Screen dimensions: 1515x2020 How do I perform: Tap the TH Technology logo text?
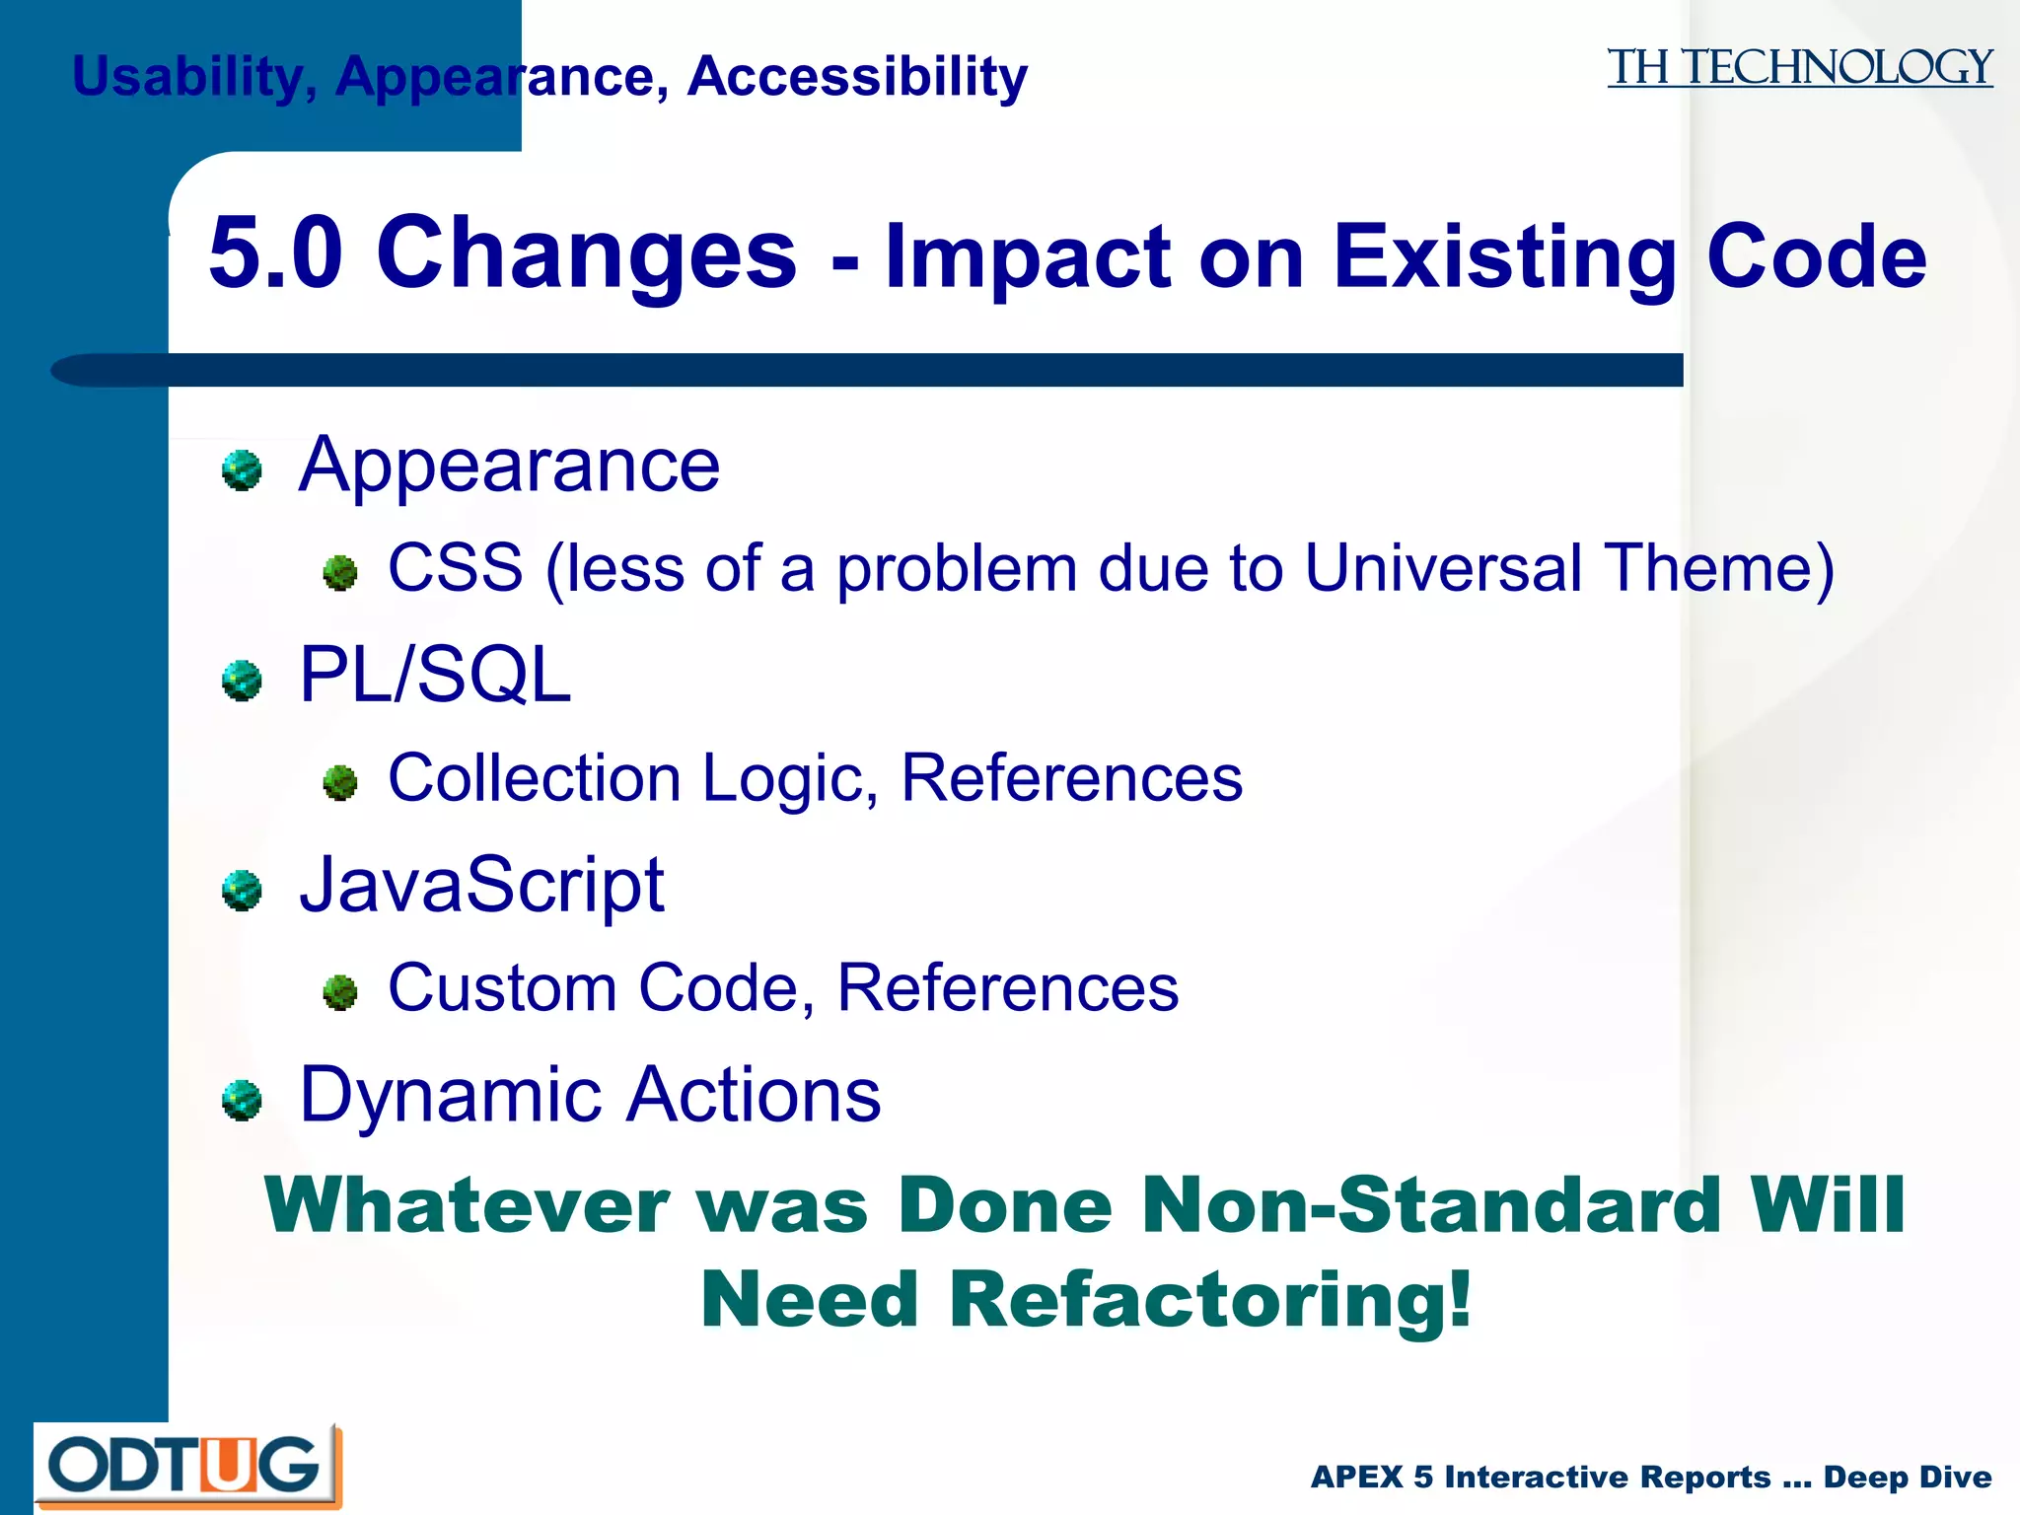(1799, 68)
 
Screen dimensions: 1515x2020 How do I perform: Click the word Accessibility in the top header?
(857, 77)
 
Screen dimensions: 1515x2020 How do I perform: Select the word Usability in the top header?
(187, 77)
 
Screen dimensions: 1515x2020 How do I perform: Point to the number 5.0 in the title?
(276, 253)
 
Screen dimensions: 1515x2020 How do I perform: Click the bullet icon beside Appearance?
(242, 470)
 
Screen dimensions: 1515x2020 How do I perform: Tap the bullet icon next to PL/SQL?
(242, 681)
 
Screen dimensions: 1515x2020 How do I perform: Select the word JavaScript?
(482, 885)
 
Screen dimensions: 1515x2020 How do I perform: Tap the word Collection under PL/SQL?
(534, 778)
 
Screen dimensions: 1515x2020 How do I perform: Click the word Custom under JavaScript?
(502, 988)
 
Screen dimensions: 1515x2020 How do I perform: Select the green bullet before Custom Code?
(340, 992)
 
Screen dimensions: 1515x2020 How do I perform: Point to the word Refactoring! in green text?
(1210, 1299)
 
